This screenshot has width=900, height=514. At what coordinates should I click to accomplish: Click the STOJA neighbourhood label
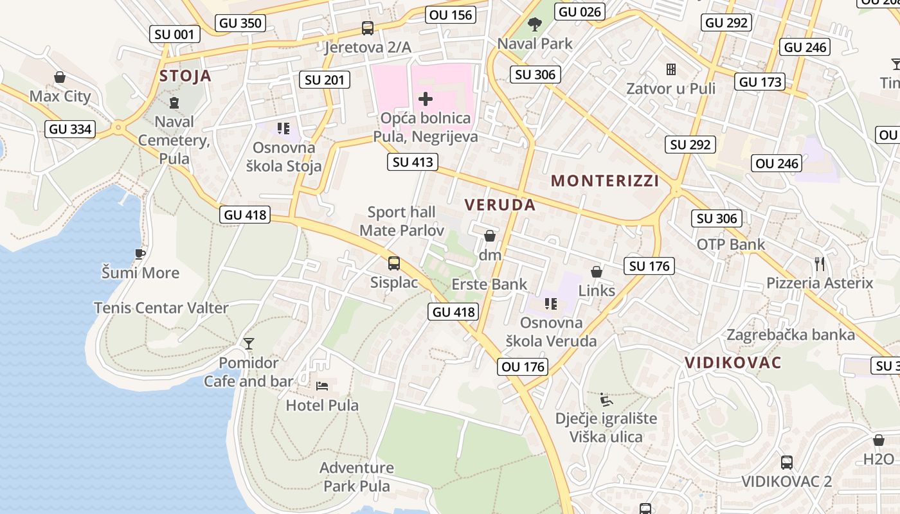185,76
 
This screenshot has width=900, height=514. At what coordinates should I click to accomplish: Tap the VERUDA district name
500,205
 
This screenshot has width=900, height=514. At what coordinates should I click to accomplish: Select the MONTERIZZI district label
605,181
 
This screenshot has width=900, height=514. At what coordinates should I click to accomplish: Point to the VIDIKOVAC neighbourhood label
733,362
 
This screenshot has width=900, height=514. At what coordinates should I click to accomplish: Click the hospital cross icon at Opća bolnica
426,99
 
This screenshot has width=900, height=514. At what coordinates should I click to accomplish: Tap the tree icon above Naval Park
534,25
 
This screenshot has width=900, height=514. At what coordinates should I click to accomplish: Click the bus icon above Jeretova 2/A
368,28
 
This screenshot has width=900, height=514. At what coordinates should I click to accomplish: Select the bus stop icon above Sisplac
394,263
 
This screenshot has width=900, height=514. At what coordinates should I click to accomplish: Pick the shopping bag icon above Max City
60,78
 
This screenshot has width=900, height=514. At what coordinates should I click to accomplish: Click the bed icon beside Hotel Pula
322,386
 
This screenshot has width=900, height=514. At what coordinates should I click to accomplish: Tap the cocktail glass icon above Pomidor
249,344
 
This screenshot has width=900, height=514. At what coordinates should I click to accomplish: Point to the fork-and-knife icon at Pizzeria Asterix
819,263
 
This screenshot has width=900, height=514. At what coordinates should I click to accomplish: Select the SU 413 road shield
413,162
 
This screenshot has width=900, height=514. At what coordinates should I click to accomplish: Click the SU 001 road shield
174,34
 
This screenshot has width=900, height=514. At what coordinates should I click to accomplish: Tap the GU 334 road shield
71,129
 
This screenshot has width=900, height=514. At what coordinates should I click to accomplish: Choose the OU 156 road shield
451,15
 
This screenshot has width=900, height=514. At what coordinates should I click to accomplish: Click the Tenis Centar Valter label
161,308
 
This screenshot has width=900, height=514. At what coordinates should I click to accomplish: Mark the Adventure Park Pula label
357,477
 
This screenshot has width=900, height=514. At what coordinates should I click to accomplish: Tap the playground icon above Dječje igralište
606,400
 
